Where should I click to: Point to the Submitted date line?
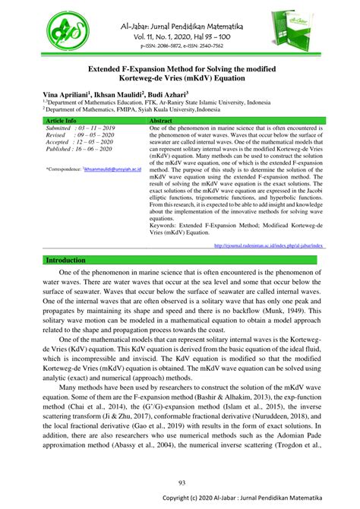click(x=80, y=130)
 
